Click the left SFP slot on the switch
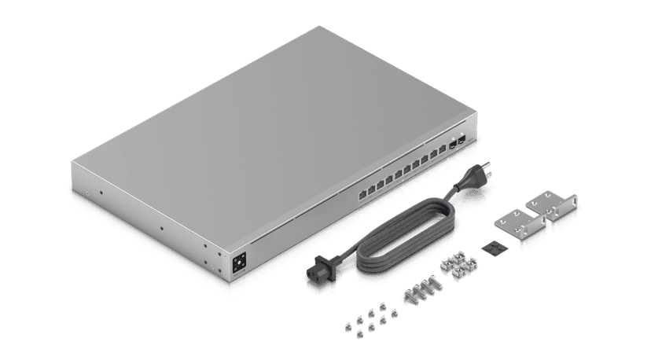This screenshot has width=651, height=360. pyautogui.click(x=453, y=145)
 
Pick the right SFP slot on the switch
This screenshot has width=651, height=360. pyautogui.click(x=462, y=141)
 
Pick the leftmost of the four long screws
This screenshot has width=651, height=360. pyautogui.click(x=410, y=298)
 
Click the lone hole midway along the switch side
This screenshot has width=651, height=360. pyautogui.click(x=160, y=229)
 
